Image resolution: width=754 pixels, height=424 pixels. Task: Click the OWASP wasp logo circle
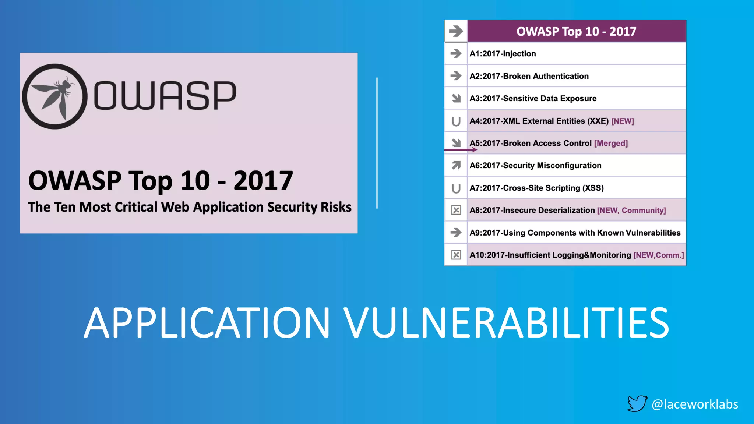click(55, 96)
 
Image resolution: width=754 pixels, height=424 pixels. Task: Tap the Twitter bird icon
click(637, 403)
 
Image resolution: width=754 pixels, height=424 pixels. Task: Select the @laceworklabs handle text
click(695, 404)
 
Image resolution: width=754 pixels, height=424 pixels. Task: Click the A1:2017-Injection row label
click(503, 54)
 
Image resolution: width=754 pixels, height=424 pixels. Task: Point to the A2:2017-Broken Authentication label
click(529, 76)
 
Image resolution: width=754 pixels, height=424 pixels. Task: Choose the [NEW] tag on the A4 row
click(623, 121)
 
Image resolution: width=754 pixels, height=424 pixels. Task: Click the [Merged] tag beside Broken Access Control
click(611, 143)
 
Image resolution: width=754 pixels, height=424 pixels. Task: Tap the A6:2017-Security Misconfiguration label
click(535, 166)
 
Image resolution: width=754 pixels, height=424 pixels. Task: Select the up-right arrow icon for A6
click(456, 165)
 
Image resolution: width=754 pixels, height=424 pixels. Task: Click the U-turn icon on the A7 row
click(456, 188)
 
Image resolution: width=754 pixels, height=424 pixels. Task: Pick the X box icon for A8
click(456, 210)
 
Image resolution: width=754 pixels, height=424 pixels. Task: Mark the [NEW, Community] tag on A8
click(631, 211)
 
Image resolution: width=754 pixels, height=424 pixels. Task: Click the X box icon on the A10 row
click(456, 255)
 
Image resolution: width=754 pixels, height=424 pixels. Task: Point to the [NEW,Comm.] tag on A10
click(659, 255)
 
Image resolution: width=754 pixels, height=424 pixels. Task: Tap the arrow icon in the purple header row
click(456, 31)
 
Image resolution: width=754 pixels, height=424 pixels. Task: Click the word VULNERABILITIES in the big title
click(506, 323)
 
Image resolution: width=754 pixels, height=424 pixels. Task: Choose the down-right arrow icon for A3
click(456, 98)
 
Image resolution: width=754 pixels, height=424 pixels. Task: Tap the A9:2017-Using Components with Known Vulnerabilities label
click(575, 233)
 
